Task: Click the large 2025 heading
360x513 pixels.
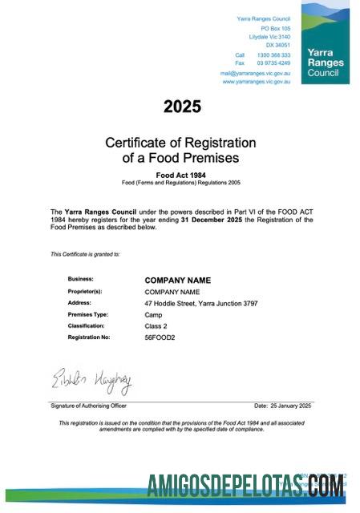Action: (182, 106)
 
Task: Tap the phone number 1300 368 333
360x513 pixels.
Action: (273, 55)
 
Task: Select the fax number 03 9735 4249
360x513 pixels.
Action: (273, 63)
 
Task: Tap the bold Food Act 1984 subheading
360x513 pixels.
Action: (180, 174)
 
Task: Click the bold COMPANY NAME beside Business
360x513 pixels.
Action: (177, 281)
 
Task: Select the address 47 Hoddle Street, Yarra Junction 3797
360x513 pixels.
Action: (200, 304)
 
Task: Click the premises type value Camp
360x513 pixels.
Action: (153, 315)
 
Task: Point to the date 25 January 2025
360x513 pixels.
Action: (282, 406)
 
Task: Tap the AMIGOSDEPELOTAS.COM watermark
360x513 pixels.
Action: (246, 487)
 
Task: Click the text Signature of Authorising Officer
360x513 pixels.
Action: (89, 406)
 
